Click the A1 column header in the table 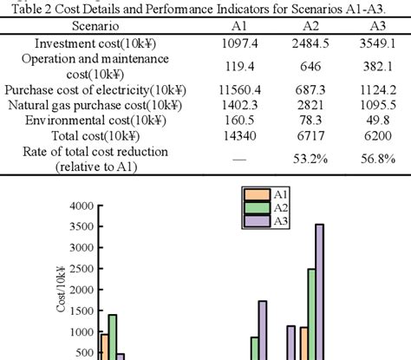239,25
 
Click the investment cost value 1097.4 239,43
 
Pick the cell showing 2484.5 310,43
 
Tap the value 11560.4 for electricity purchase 239,89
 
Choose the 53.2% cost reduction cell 310,159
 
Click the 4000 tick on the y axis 80,206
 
